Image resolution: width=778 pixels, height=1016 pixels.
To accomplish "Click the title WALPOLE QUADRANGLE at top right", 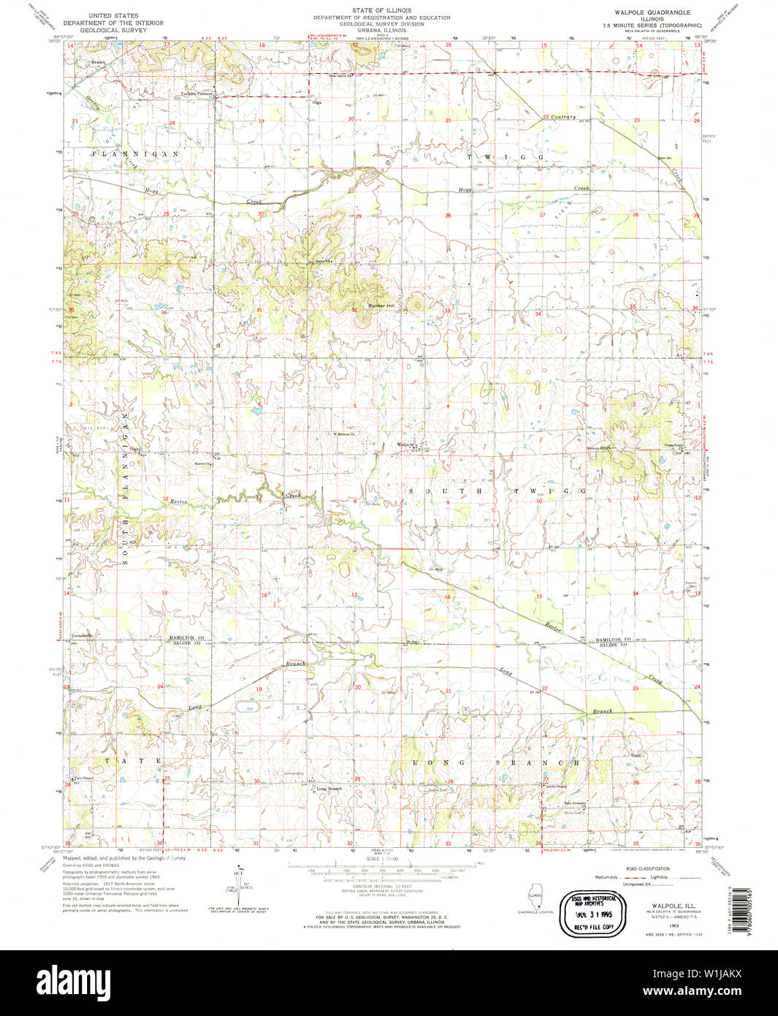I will pyautogui.click(x=643, y=13).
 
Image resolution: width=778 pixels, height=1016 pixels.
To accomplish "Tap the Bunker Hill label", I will pyautogui.click(x=380, y=306).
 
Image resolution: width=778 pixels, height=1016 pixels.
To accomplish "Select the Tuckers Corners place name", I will pyautogui.click(x=195, y=94).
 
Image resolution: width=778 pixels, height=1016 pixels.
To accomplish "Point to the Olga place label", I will pyautogui.click(x=316, y=102).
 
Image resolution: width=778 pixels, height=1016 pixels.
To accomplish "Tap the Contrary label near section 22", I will pyautogui.click(x=563, y=117).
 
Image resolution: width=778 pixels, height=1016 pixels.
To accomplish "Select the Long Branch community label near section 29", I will pyautogui.click(x=329, y=789).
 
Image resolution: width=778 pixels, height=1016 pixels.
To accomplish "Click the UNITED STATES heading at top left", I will pyautogui.click(x=113, y=15).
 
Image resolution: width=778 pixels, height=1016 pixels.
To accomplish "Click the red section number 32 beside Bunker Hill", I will pyautogui.click(x=354, y=310).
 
